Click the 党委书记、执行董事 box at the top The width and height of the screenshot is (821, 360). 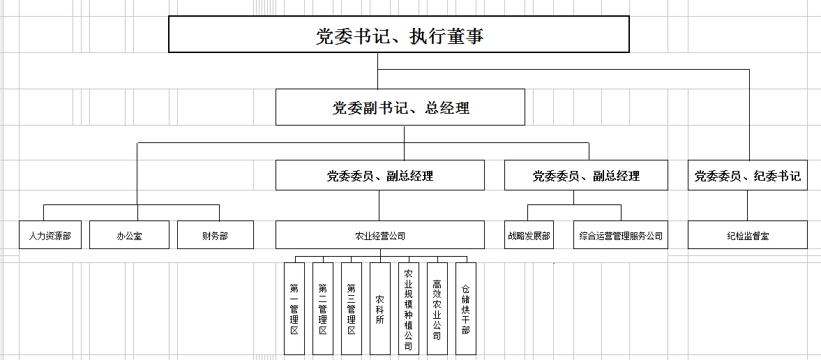click(398, 34)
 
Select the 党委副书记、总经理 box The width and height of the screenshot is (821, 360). click(400, 107)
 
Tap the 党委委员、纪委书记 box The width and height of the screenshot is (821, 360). click(748, 175)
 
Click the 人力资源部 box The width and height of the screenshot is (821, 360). click(50, 234)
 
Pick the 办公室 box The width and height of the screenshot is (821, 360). click(129, 234)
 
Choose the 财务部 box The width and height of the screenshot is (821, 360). click(216, 234)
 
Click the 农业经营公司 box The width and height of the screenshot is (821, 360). click(380, 234)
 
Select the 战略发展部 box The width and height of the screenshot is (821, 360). click(529, 234)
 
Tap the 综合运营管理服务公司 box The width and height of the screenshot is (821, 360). click(621, 234)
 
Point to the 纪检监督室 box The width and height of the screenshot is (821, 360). click(748, 234)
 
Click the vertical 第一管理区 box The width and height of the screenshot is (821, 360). click(294, 308)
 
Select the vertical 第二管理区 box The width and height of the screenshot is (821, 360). click(323, 308)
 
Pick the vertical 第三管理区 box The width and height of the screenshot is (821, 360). click(352, 308)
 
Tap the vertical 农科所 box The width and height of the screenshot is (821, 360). click(380, 308)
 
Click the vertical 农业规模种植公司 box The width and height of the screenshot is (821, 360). click(409, 308)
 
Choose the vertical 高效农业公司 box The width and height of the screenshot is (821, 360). click(438, 308)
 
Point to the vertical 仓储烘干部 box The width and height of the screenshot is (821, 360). click(466, 308)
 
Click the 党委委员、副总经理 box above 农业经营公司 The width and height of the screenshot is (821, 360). click(380, 175)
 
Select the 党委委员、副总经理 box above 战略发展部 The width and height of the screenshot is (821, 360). click(586, 175)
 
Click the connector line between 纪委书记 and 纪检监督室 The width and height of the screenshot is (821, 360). click(747, 205)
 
